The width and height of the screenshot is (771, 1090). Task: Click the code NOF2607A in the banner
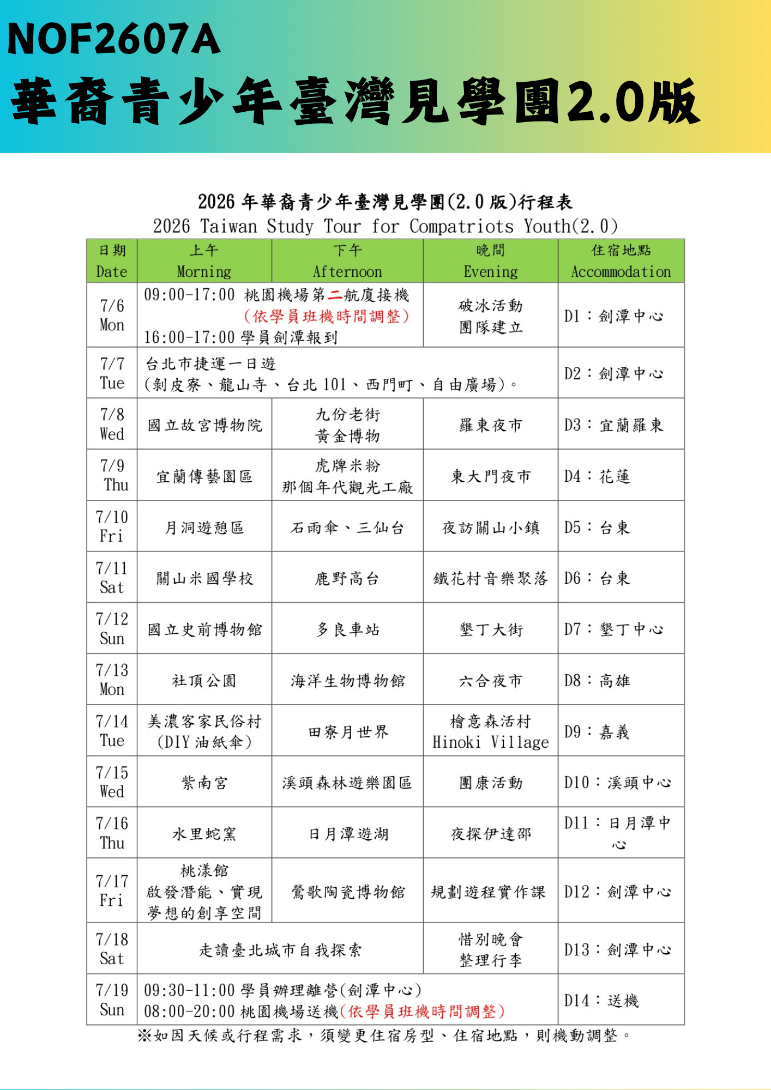click(113, 39)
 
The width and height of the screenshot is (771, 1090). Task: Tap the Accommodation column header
click(621, 261)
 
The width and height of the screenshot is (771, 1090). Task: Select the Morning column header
click(204, 261)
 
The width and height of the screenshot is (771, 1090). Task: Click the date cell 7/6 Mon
click(112, 315)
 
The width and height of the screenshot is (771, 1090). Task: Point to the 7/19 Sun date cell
click(112, 1000)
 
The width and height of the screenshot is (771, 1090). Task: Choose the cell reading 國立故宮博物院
click(204, 425)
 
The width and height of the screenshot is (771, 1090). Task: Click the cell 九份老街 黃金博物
click(347, 425)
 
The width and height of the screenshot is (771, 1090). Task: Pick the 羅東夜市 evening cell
click(490, 425)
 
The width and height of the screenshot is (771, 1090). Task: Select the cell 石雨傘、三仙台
click(347, 527)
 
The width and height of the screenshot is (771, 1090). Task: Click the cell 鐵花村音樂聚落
click(490, 578)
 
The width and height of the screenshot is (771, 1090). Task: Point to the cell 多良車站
click(347, 629)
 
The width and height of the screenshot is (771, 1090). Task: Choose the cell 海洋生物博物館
click(347, 680)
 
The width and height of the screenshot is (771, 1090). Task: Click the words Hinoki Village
click(490, 742)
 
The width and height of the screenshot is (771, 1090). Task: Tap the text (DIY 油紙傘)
click(204, 742)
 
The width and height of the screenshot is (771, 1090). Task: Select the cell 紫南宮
click(204, 782)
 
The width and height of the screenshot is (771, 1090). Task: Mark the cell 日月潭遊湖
click(347, 833)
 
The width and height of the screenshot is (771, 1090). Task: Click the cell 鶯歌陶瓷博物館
click(347, 891)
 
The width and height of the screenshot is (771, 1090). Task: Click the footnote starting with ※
click(384, 1035)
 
